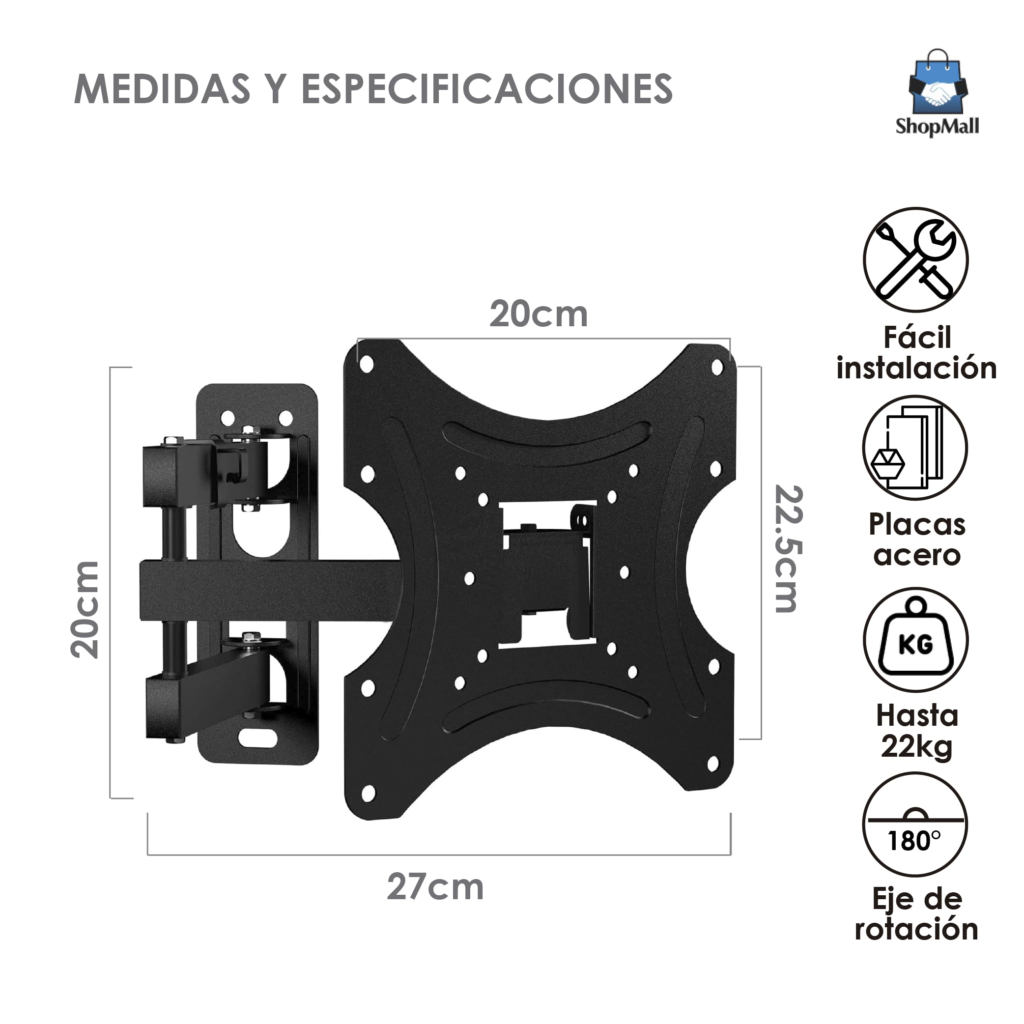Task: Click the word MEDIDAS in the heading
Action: coord(162,89)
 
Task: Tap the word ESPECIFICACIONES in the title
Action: coord(486,89)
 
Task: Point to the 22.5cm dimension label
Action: coord(788,548)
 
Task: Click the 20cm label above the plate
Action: coord(538,314)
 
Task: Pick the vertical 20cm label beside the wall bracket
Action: coord(85,609)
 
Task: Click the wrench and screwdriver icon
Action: coord(915,260)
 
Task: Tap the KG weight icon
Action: coord(915,639)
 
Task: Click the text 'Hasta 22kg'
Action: coord(917,732)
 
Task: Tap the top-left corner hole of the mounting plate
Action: coord(366,364)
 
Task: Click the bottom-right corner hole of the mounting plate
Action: coord(713,764)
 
